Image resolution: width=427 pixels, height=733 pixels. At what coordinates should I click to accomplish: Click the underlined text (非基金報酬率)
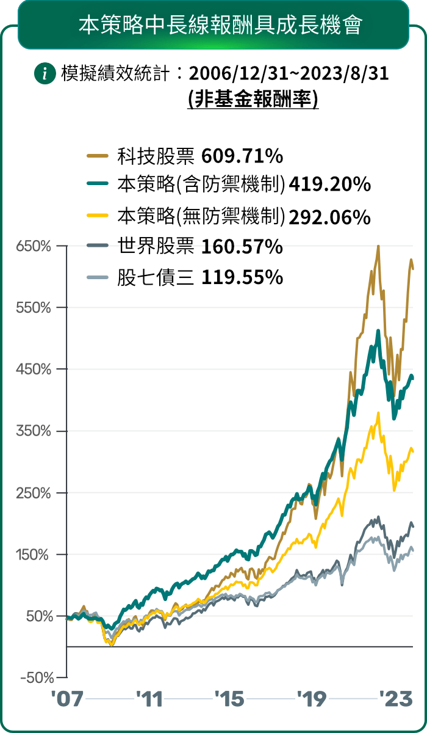(x=253, y=98)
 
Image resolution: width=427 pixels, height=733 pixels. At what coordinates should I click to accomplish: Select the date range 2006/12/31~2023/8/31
(x=289, y=75)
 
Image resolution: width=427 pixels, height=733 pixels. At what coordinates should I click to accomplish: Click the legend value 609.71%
(x=242, y=156)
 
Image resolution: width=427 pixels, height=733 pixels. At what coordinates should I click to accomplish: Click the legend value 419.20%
(x=330, y=184)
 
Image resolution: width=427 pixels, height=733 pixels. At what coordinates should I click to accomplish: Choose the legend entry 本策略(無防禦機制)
(x=201, y=216)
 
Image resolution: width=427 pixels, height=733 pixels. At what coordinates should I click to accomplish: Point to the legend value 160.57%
(x=242, y=247)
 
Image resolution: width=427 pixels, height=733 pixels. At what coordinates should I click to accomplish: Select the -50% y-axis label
(x=35, y=678)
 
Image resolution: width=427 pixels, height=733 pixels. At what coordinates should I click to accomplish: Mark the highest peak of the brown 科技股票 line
(x=378, y=247)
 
